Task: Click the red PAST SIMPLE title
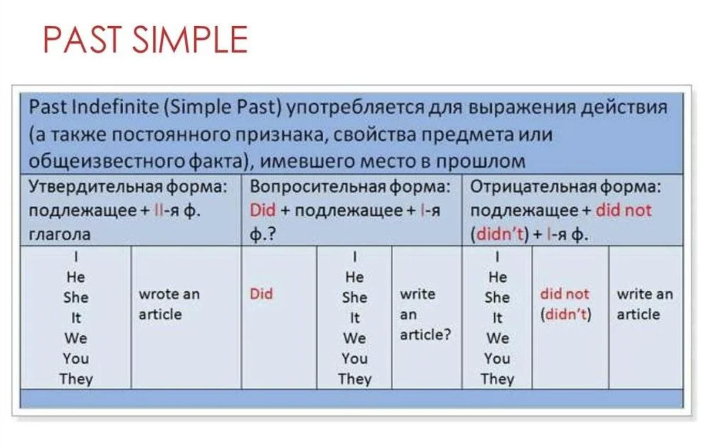[x=146, y=40]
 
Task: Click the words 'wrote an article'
[x=169, y=304]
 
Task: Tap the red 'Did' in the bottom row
[x=261, y=294]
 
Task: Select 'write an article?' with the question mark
[x=425, y=314]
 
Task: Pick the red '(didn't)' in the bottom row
[x=566, y=315]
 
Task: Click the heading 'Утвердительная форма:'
[x=127, y=187]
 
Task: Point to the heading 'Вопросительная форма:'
[x=350, y=187]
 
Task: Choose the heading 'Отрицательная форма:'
[x=566, y=187]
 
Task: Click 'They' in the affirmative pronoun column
[x=76, y=379]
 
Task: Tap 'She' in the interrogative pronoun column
[x=355, y=297]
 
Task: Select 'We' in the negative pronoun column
[x=498, y=339]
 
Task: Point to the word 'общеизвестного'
[x=107, y=162]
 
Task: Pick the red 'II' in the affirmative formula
[x=159, y=211]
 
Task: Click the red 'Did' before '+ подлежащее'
[x=263, y=210]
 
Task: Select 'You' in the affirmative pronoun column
[x=76, y=359]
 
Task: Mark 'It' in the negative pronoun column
[x=498, y=318]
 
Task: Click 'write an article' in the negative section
[x=645, y=304]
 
